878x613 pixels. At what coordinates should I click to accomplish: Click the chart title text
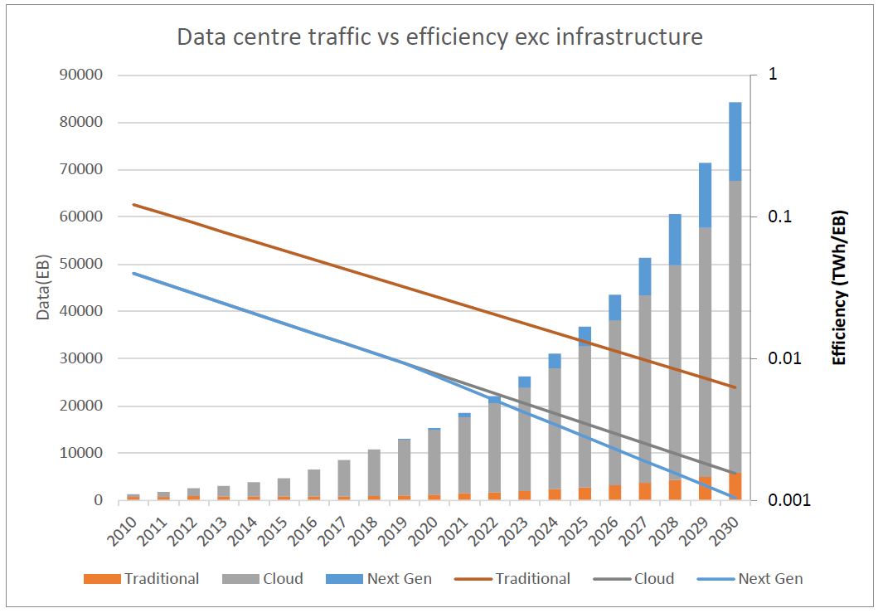(x=439, y=37)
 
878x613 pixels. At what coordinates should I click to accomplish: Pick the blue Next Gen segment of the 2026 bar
(x=614, y=308)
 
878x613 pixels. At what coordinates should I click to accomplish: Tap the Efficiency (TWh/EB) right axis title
(x=839, y=287)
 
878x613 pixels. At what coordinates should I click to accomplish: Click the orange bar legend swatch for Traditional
(x=102, y=579)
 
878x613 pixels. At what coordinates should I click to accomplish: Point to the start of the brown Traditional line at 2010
(x=133, y=204)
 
